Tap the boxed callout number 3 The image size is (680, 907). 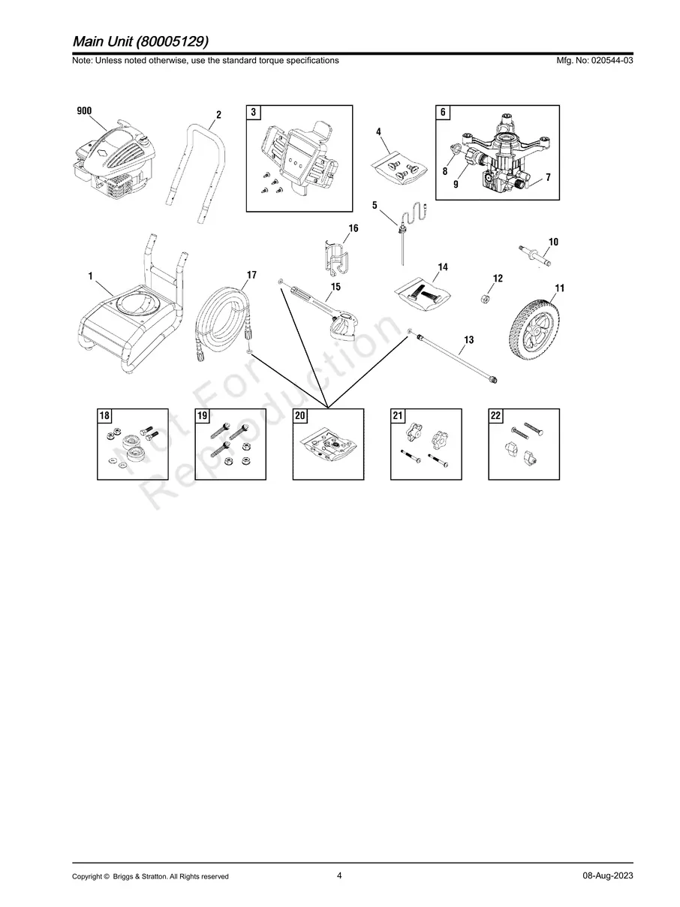coord(254,113)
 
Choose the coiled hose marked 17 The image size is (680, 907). coord(224,319)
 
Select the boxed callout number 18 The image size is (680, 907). coord(104,416)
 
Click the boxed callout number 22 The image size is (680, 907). coord(495,416)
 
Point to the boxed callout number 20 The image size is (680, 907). coord(299,416)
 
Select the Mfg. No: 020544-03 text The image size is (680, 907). coord(593,60)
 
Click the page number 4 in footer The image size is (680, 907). coord(339,875)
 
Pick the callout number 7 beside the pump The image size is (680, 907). coord(548,177)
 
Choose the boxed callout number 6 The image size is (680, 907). coord(443,113)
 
